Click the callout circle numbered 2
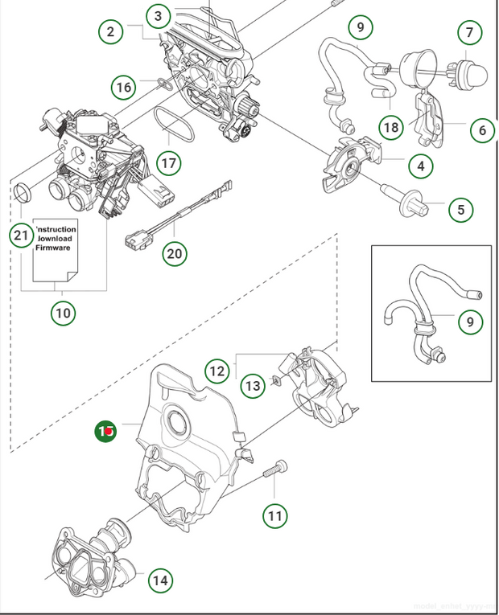[112, 32]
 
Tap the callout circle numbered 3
[159, 15]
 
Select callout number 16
[123, 87]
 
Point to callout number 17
[167, 163]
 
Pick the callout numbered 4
[420, 167]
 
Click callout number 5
[460, 211]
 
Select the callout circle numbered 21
[22, 236]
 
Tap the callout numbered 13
[253, 386]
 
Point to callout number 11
[276, 515]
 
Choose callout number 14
[160, 579]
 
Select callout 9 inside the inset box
[471, 322]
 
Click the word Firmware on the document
[53, 248]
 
